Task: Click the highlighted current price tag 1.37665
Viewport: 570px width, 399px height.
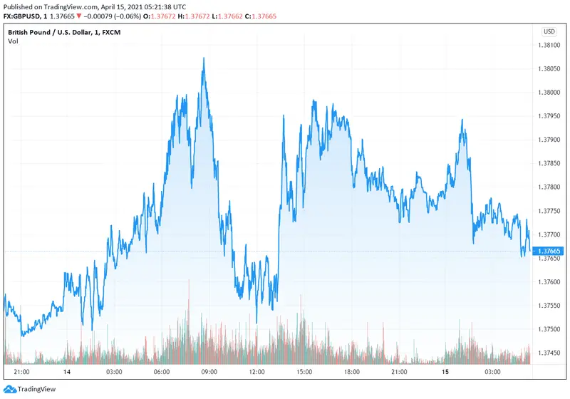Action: [549, 251]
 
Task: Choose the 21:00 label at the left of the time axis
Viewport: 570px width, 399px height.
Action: [21, 372]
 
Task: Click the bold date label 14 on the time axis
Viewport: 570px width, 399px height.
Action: [66, 372]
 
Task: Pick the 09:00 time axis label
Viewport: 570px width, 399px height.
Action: [209, 372]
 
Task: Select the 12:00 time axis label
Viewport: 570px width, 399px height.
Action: [257, 372]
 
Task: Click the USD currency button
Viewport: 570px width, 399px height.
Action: [549, 31]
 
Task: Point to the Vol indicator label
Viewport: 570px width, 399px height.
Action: [13, 41]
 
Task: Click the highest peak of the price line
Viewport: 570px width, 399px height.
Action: [204, 58]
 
